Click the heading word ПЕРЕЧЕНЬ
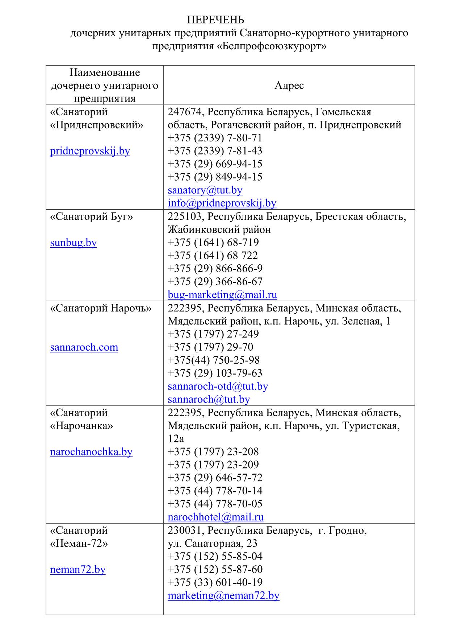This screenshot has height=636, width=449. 215,20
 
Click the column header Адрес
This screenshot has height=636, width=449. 289,86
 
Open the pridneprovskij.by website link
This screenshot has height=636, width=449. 90,151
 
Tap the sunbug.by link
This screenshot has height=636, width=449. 74,242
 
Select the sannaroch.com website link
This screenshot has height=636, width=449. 84,347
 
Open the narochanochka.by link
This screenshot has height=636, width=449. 91,452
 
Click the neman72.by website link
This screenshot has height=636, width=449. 78,569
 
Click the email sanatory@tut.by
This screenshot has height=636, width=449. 205,190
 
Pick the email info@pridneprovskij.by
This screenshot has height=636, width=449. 222,203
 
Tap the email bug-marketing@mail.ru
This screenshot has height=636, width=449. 222,294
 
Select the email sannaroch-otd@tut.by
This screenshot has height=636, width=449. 218,386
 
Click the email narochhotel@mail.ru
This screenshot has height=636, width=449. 215,517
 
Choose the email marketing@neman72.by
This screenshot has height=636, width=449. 223,595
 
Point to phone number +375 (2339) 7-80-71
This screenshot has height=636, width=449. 215,138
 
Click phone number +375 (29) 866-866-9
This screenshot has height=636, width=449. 215,268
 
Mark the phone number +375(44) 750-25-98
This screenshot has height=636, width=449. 214,360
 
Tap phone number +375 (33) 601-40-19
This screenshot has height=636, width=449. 215,582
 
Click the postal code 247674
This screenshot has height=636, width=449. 184,112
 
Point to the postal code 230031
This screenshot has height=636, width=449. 184,530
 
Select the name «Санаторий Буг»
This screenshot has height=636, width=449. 92,216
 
